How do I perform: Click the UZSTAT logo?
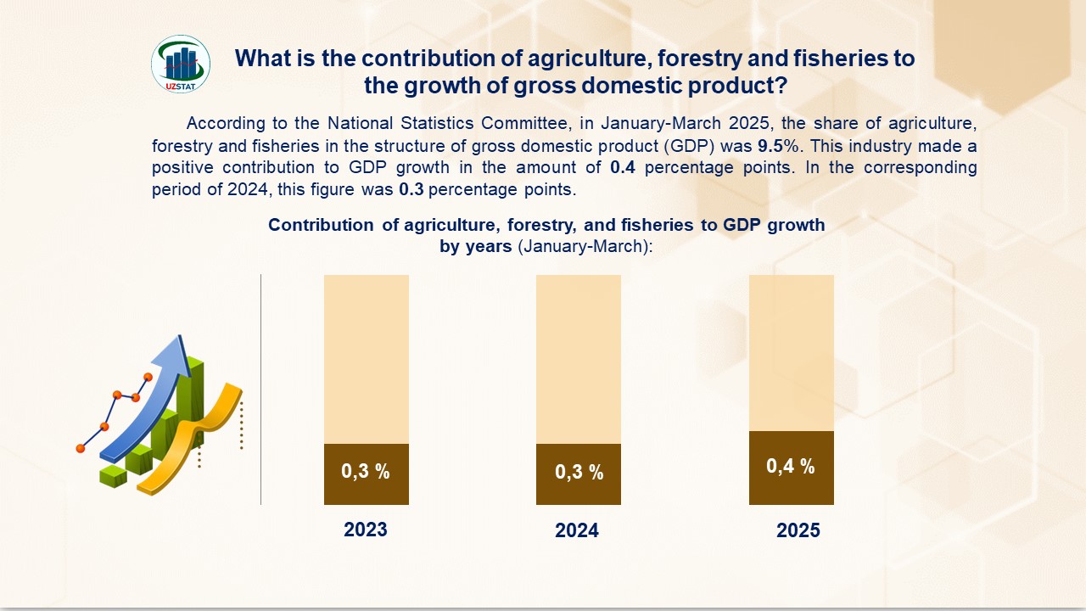point(181,64)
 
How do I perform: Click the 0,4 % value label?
point(791,466)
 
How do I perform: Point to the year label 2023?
point(366,530)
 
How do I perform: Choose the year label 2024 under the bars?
point(577,531)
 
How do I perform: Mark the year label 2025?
point(798,531)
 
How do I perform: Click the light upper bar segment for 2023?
point(366,358)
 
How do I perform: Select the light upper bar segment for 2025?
point(791,352)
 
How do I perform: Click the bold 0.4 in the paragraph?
point(623,167)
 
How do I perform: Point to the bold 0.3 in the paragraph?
point(411,189)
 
